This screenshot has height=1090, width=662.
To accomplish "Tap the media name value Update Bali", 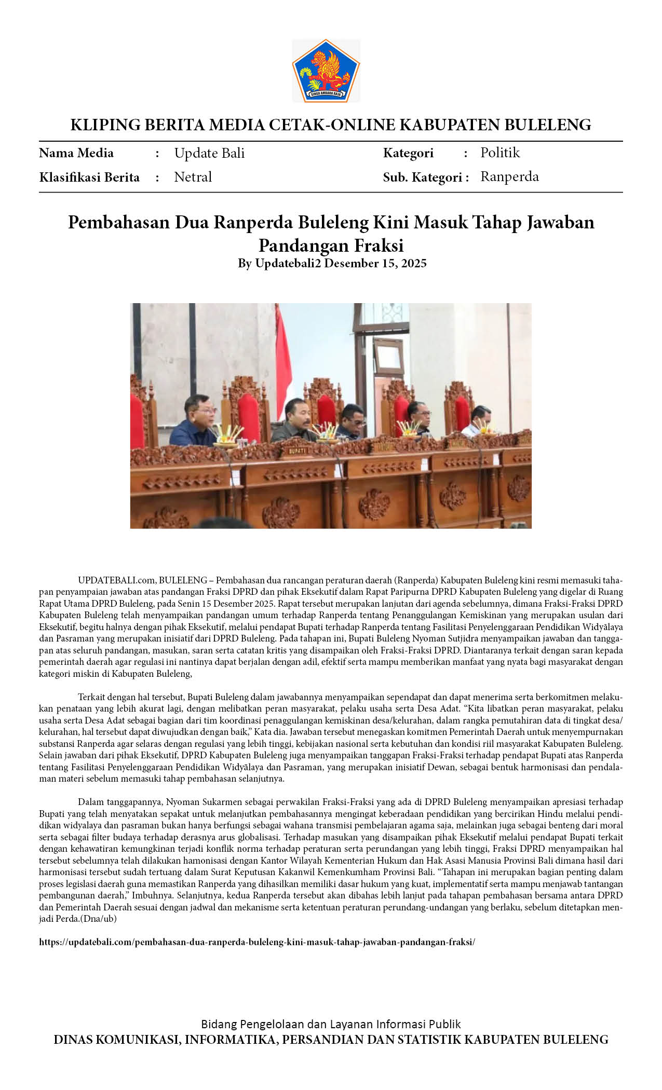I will pos(209,153).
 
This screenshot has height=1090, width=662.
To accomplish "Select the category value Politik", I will pos(500,153).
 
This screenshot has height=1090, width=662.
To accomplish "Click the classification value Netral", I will pos(193,177).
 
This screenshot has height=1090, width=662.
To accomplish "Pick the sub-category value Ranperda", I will pos(509,176).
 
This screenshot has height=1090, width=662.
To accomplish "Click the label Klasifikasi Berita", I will pos(89,178).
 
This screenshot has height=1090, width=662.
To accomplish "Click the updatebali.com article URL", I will pos(257,942).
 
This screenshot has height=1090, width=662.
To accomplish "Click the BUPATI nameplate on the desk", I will pos(297,451).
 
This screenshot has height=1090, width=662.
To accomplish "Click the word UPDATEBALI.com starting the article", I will pos(117,580).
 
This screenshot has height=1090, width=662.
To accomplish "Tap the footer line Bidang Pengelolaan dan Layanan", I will pos(331,1024).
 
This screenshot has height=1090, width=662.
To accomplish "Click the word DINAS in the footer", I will pos(73,1040).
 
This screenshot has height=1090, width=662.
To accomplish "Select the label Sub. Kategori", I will pos(422,178).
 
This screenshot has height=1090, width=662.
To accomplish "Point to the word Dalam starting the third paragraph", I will pos(91,802).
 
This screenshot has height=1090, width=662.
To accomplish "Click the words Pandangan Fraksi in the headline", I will pos(331,245).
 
